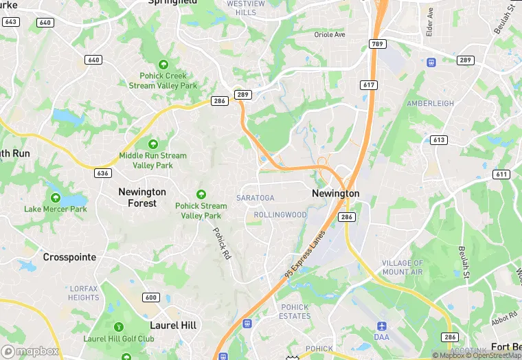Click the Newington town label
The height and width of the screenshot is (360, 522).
coord(335,194)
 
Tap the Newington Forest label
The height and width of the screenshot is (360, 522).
coord(142,197)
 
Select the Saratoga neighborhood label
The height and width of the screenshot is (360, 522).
coord(255,198)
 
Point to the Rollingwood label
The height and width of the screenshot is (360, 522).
coord(280,215)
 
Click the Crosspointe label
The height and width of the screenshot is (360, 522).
coord(69,257)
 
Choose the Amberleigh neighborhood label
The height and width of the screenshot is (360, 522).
coord(431,103)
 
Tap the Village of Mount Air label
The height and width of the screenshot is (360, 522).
coord(402,268)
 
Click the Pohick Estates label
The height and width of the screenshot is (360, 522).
coord(295,311)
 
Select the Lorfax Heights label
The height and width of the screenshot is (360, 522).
coord(84,293)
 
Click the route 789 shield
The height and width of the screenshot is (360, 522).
coord(377,44)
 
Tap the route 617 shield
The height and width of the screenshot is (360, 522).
coord(368,85)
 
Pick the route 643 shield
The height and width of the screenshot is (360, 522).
coord(10,22)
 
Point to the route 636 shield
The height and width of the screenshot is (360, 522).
coord(103,173)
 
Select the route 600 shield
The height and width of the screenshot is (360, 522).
coord(151,297)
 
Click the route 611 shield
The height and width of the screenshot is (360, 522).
coord(501,175)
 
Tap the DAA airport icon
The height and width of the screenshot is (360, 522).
coord(382,325)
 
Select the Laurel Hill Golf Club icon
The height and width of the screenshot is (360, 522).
coord(118,326)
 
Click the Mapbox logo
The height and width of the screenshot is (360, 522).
coord(30,351)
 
